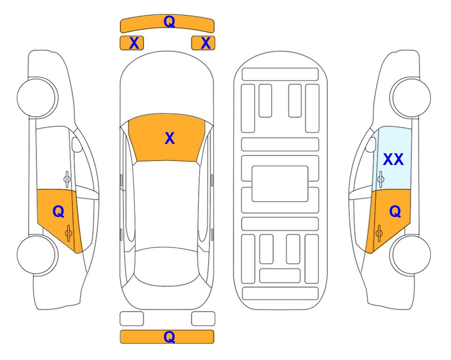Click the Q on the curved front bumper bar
pos(169,21)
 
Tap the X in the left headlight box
pos(134,43)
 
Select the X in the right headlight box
pos(206,43)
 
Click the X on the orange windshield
pos(170,138)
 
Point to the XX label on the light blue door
pos(393,159)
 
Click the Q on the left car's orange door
pos(59,212)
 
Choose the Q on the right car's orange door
pos(395,212)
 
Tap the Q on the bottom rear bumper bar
pos(169,337)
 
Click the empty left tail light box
pos(132,319)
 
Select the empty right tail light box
pos(203,319)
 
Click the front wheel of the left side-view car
pos(37,98)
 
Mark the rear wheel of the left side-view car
pos(37,255)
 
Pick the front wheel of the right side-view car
pos(411,98)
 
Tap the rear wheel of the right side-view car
pos(411,255)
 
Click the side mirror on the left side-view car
pos(76,144)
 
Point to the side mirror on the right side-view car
pos(371,144)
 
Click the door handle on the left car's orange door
pos(68,233)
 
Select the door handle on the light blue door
pos(380,179)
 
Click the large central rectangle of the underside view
pos(280,184)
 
